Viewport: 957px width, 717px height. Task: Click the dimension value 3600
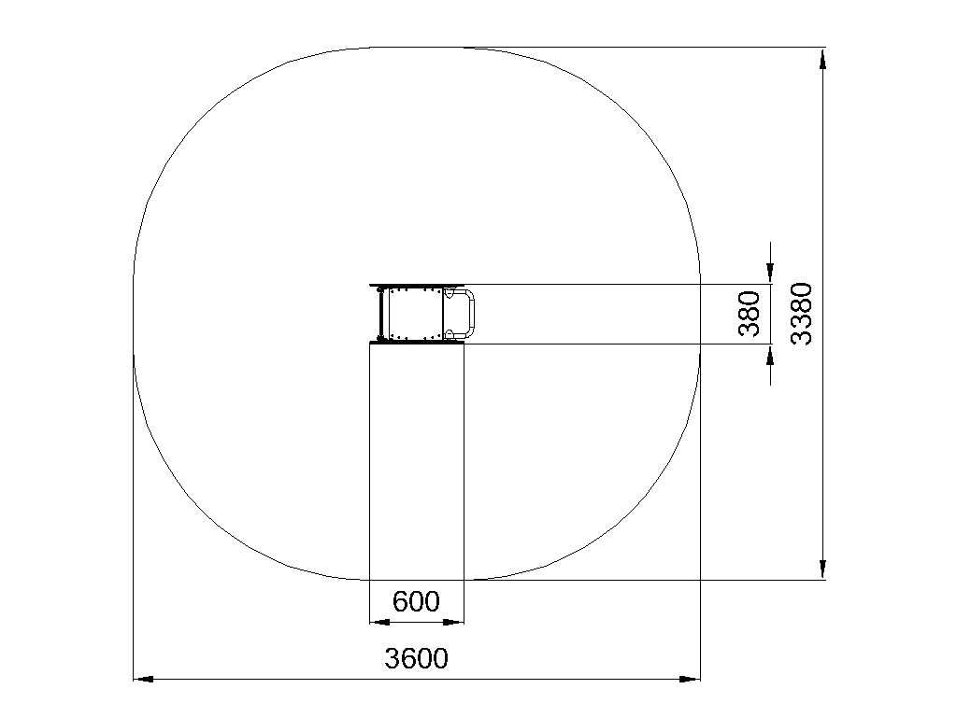pyautogui.click(x=416, y=658)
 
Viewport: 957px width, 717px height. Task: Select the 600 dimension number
pyautogui.click(x=416, y=602)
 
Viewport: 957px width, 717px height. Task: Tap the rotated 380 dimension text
pyautogui.click(x=750, y=314)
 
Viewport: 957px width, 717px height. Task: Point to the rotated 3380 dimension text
pyautogui.click(x=802, y=314)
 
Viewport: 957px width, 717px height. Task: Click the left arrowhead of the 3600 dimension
pyautogui.click(x=143, y=679)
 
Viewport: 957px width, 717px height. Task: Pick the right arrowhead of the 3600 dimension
pyautogui.click(x=690, y=679)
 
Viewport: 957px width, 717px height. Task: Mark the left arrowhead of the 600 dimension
pyautogui.click(x=379, y=622)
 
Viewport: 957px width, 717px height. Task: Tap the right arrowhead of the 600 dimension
pyautogui.click(x=453, y=622)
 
